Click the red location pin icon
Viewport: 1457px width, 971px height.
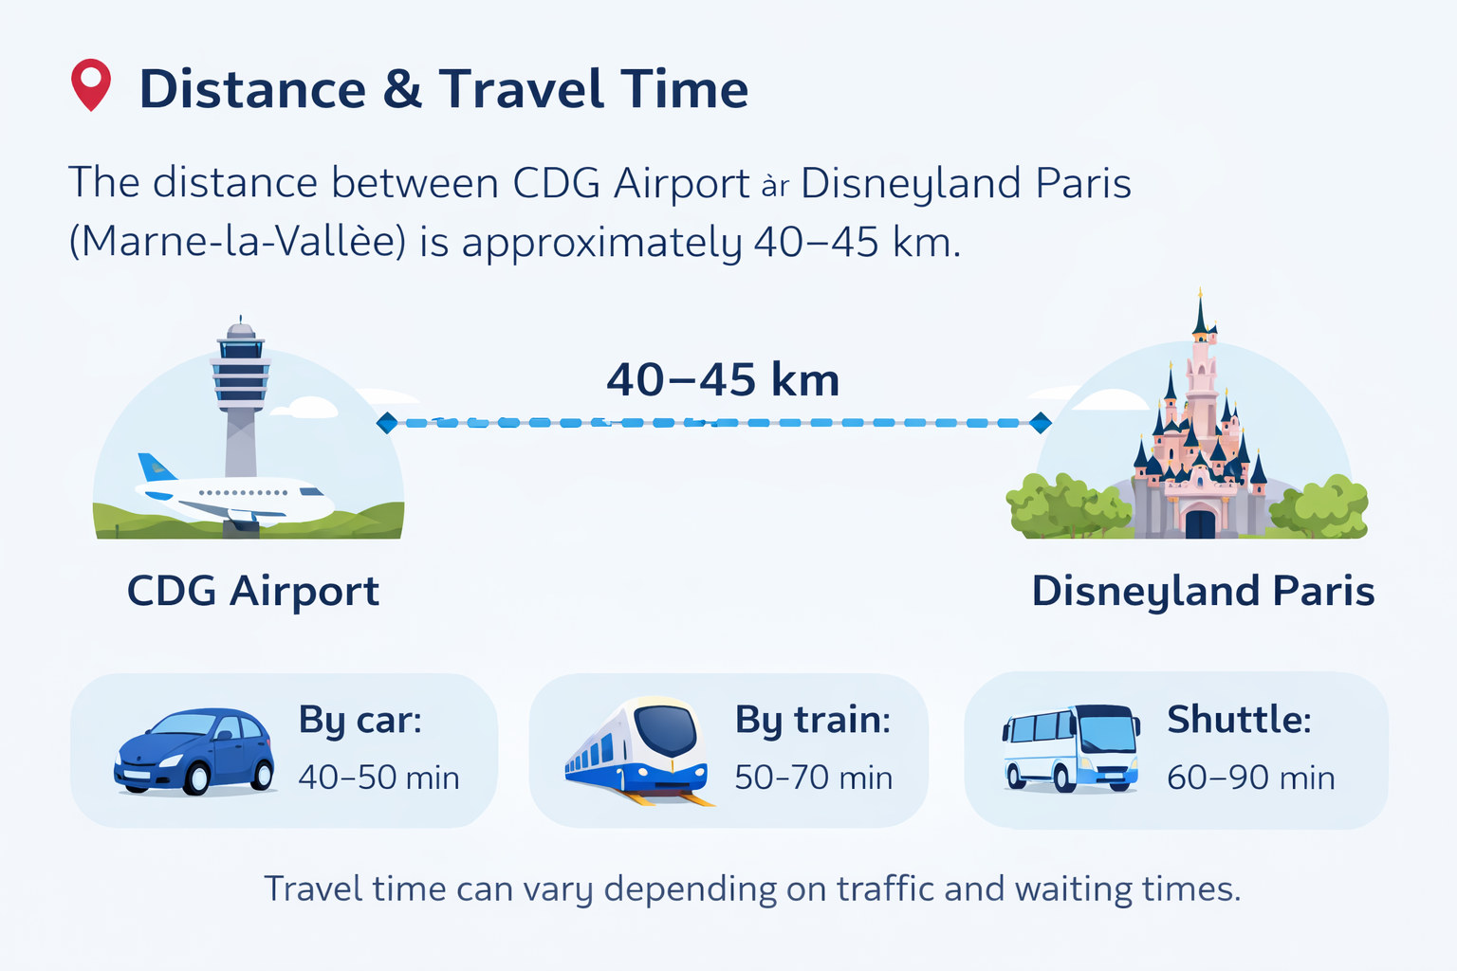(91, 83)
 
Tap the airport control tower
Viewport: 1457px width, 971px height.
(240, 389)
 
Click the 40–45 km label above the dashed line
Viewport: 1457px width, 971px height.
(723, 380)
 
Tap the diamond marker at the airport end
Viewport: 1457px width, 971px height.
(387, 423)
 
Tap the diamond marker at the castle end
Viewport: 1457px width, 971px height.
(1041, 423)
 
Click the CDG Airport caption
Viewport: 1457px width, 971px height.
(253, 591)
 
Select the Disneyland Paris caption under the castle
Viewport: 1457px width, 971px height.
(1203, 591)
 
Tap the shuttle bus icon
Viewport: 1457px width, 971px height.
(1071, 748)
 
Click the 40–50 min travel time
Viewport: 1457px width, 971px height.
(378, 778)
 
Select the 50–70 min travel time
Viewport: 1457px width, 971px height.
(813, 778)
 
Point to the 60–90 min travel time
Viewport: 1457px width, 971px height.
(1250, 778)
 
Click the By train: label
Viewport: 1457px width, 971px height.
(813, 720)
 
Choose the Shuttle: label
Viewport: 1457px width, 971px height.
(1239, 720)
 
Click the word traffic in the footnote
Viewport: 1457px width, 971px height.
(886, 889)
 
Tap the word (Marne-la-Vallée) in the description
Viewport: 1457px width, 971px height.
(237, 242)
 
